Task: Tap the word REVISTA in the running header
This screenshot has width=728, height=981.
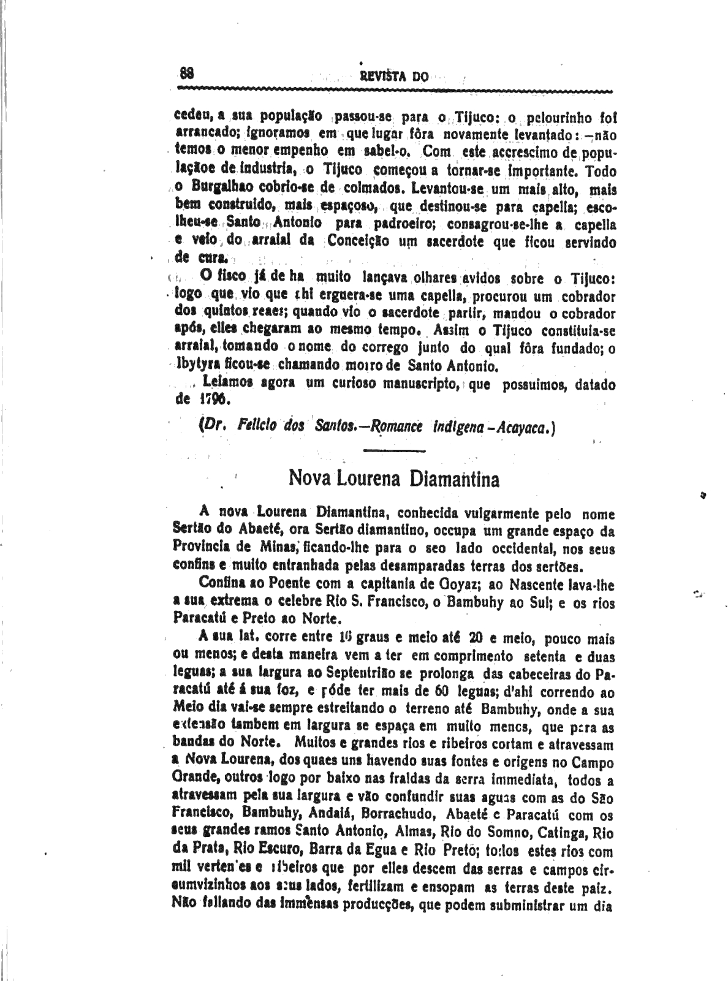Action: click(x=380, y=77)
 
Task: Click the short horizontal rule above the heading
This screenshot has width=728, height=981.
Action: click(x=395, y=451)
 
